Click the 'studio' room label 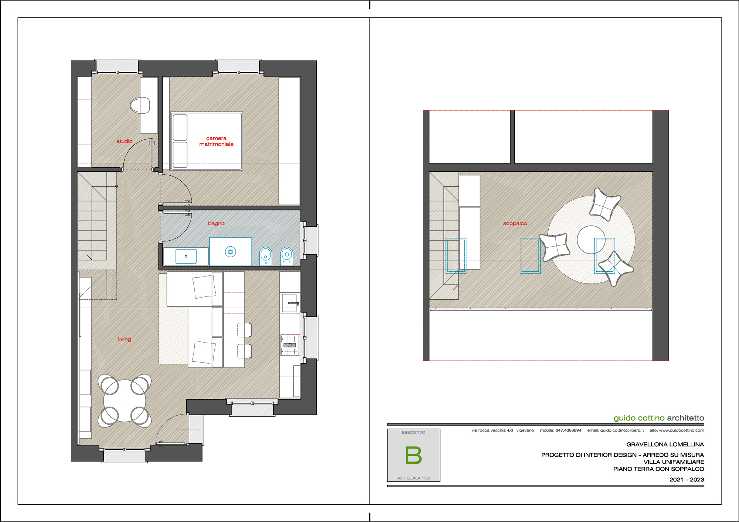[125, 141]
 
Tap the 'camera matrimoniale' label [216, 141]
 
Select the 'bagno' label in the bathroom [216, 223]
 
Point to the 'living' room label [125, 339]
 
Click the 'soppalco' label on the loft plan [515, 223]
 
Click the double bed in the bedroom [206, 141]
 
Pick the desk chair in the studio [140, 106]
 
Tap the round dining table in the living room [125, 401]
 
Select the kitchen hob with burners [290, 345]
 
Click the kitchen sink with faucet [290, 303]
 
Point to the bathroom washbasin [186, 256]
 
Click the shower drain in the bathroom [231, 252]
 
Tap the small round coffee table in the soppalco [591, 240]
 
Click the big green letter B [413, 455]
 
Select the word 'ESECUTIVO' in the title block [413, 432]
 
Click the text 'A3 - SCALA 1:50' [413, 478]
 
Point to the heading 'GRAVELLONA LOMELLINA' [665, 444]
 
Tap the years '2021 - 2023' [687, 480]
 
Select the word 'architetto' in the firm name [685, 418]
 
